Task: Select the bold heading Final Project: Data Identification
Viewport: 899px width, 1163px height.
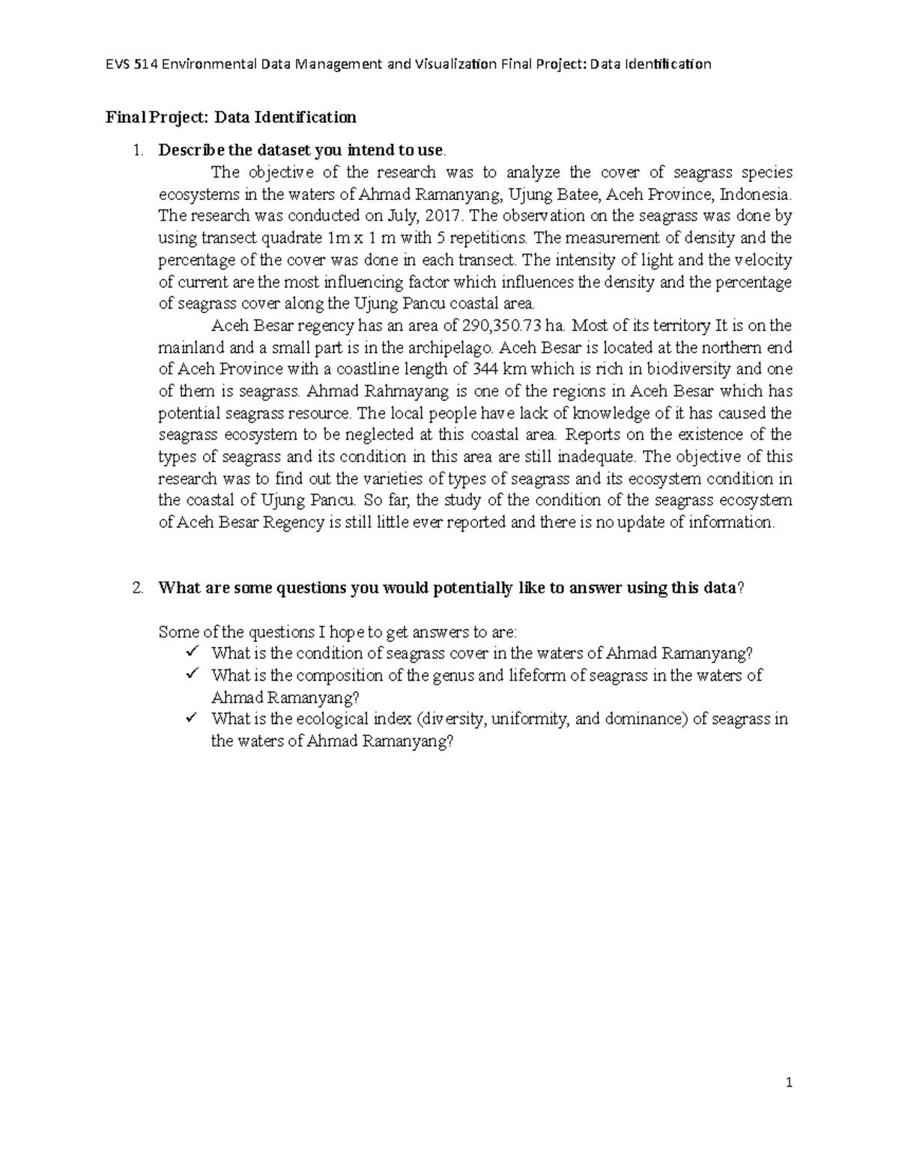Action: (231, 117)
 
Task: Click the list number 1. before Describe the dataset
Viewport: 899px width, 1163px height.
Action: (136, 150)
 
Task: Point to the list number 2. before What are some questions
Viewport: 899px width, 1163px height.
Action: (136, 588)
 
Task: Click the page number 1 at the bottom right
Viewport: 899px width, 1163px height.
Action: (789, 1083)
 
